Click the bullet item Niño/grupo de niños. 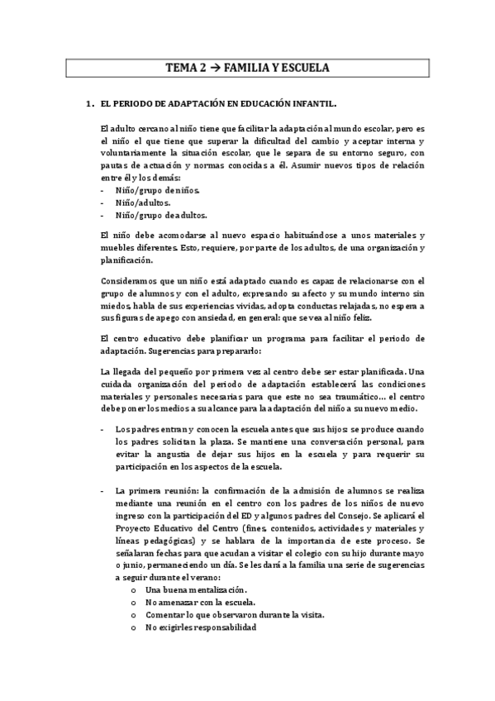[157, 190]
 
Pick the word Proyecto [136, 528]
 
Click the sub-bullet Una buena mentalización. [195, 590]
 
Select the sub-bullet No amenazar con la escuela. [200, 603]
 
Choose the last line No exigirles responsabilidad [200, 627]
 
